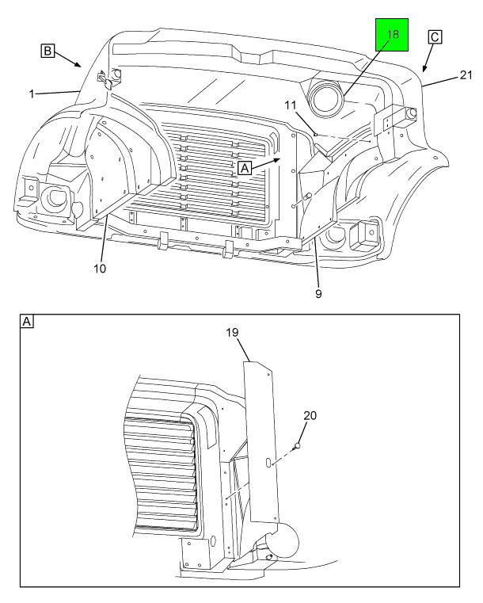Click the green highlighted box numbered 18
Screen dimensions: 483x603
[392, 35]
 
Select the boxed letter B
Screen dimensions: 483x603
[48, 51]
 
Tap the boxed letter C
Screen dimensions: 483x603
[435, 37]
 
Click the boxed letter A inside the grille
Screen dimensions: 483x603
[245, 168]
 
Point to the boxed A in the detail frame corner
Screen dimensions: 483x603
[27, 321]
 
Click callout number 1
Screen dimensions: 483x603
[32, 94]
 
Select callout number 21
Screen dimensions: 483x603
[466, 75]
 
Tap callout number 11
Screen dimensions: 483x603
[291, 105]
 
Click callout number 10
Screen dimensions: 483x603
[100, 269]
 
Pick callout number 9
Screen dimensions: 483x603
[318, 294]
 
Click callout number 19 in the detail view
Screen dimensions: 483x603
[232, 332]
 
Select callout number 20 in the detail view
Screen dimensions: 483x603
[310, 416]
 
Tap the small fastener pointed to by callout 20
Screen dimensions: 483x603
[297, 446]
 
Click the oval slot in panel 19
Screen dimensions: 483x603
[268, 463]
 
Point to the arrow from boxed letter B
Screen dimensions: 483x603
[67, 59]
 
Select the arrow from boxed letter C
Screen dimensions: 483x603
[428, 57]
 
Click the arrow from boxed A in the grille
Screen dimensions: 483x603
[266, 163]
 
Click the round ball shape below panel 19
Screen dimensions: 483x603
[285, 538]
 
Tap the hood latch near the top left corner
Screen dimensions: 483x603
[105, 79]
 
